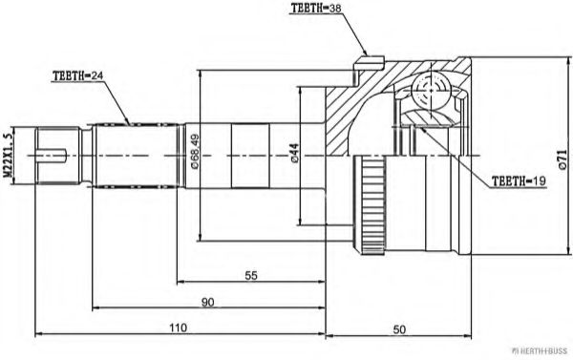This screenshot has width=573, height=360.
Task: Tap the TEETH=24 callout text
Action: tap(77, 76)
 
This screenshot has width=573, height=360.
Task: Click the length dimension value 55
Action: tap(251, 275)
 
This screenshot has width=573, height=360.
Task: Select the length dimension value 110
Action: tap(179, 328)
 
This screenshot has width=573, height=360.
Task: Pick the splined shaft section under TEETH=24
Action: tap(134, 154)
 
